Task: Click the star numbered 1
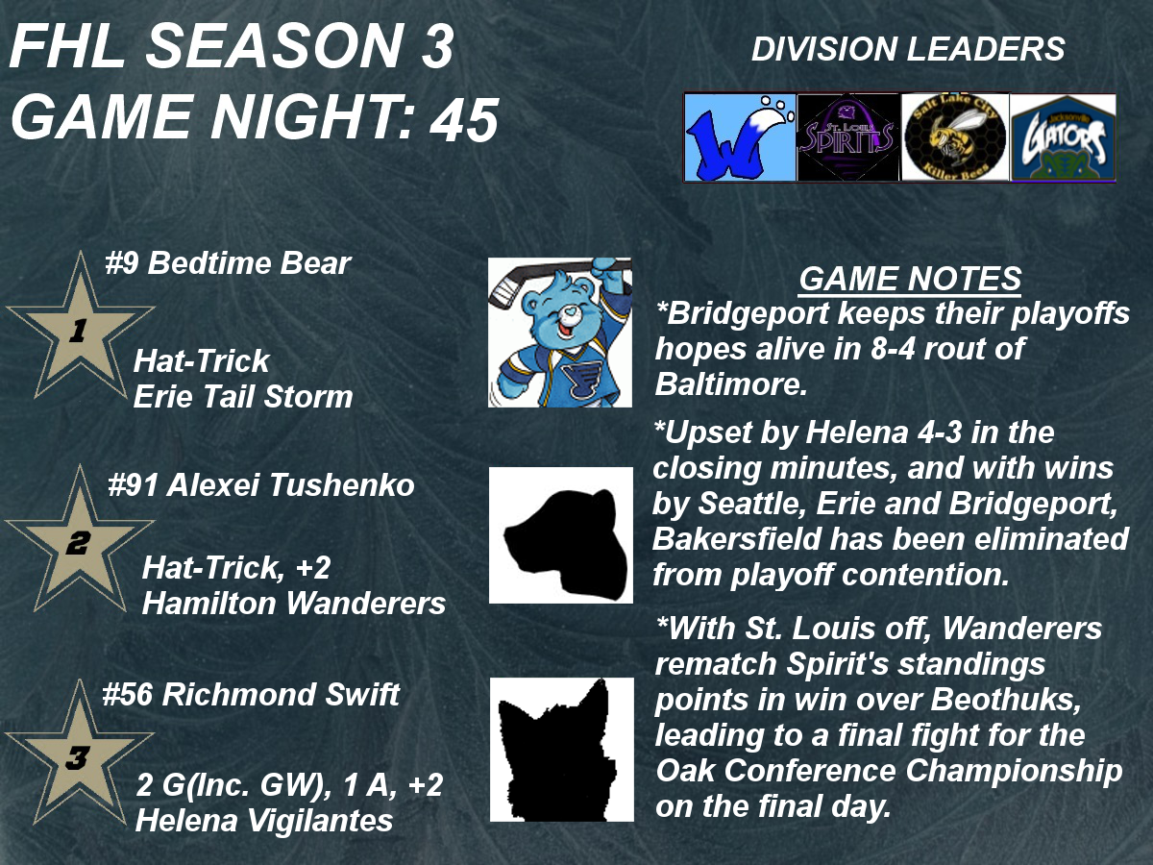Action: click(80, 331)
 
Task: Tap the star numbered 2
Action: click(79, 544)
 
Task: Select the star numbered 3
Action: click(79, 757)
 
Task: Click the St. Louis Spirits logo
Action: click(847, 137)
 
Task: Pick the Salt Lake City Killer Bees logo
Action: click(954, 137)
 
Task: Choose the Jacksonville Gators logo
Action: click(1064, 137)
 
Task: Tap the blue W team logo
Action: click(740, 137)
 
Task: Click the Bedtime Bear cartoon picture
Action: click(560, 332)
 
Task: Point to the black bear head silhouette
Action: click(561, 535)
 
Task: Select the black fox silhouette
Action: click(562, 750)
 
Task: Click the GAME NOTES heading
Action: click(910, 279)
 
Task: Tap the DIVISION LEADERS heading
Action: click(908, 49)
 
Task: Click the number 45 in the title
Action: click(464, 120)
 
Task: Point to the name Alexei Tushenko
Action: click(290, 484)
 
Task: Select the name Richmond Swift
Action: click(281, 694)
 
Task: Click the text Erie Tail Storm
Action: click(243, 396)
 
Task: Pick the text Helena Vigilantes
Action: click(264, 821)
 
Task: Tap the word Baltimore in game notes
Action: click(730, 383)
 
